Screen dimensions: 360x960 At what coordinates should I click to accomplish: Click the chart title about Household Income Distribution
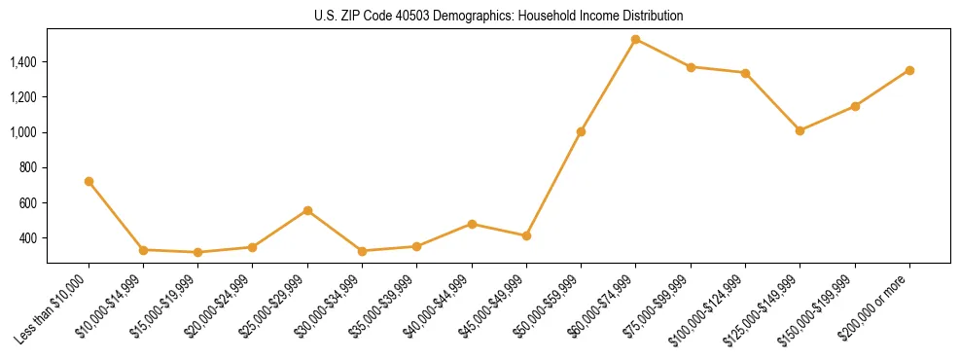(498, 16)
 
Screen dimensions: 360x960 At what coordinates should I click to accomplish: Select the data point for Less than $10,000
(89, 181)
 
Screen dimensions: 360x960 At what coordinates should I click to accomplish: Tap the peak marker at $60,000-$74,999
(635, 40)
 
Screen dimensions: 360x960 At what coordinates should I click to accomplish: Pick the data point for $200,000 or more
(909, 70)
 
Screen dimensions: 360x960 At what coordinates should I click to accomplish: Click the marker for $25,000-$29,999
(307, 210)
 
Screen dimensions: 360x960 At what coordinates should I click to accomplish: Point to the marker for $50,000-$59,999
(581, 131)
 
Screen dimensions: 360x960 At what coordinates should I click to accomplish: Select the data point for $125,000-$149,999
(800, 130)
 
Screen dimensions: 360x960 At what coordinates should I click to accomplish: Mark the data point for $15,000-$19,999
(198, 252)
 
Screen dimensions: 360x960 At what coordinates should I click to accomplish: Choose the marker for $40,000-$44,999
(472, 224)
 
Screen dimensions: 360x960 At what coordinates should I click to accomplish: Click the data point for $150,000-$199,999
(855, 106)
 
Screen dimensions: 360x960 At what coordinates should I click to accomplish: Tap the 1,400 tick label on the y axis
(23, 62)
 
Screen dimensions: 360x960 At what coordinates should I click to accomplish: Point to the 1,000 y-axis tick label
(23, 132)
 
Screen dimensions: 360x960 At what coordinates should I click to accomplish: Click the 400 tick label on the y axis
(29, 238)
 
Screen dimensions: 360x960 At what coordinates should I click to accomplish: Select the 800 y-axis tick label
(29, 168)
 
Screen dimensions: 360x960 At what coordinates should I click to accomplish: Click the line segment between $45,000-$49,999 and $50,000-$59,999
(553, 184)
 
